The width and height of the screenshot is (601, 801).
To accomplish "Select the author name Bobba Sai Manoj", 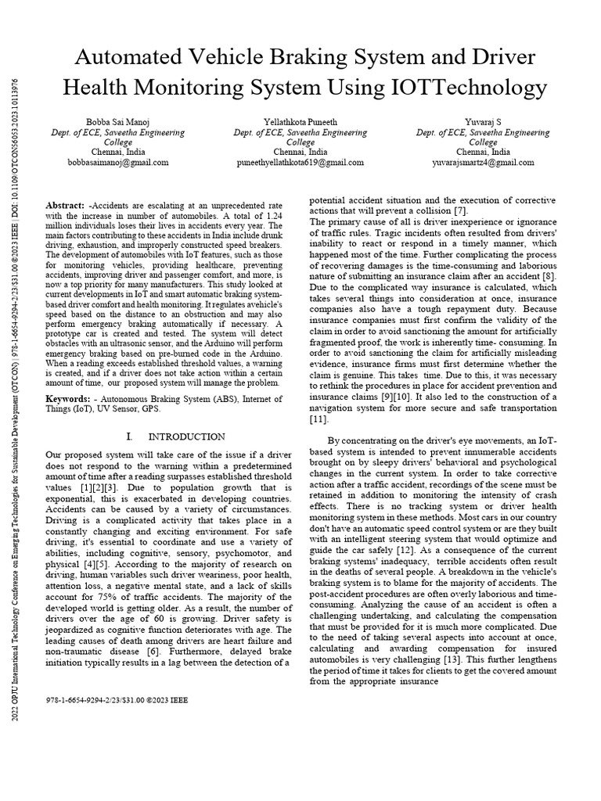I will click(116, 122).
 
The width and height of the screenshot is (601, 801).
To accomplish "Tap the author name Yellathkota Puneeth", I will click(300, 122).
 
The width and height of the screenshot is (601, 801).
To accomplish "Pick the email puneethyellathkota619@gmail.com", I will click(300, 162).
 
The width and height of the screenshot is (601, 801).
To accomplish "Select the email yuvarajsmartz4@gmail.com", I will click(483, 162).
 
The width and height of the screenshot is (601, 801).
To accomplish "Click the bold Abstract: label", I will click(64, 203).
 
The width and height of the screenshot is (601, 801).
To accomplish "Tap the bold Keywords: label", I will click(67, 397).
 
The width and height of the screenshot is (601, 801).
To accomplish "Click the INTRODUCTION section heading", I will click(186, 436).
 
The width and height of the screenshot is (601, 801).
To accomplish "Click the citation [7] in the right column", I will click(461, 210).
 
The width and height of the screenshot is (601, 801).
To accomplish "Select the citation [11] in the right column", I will click(318, 419).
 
